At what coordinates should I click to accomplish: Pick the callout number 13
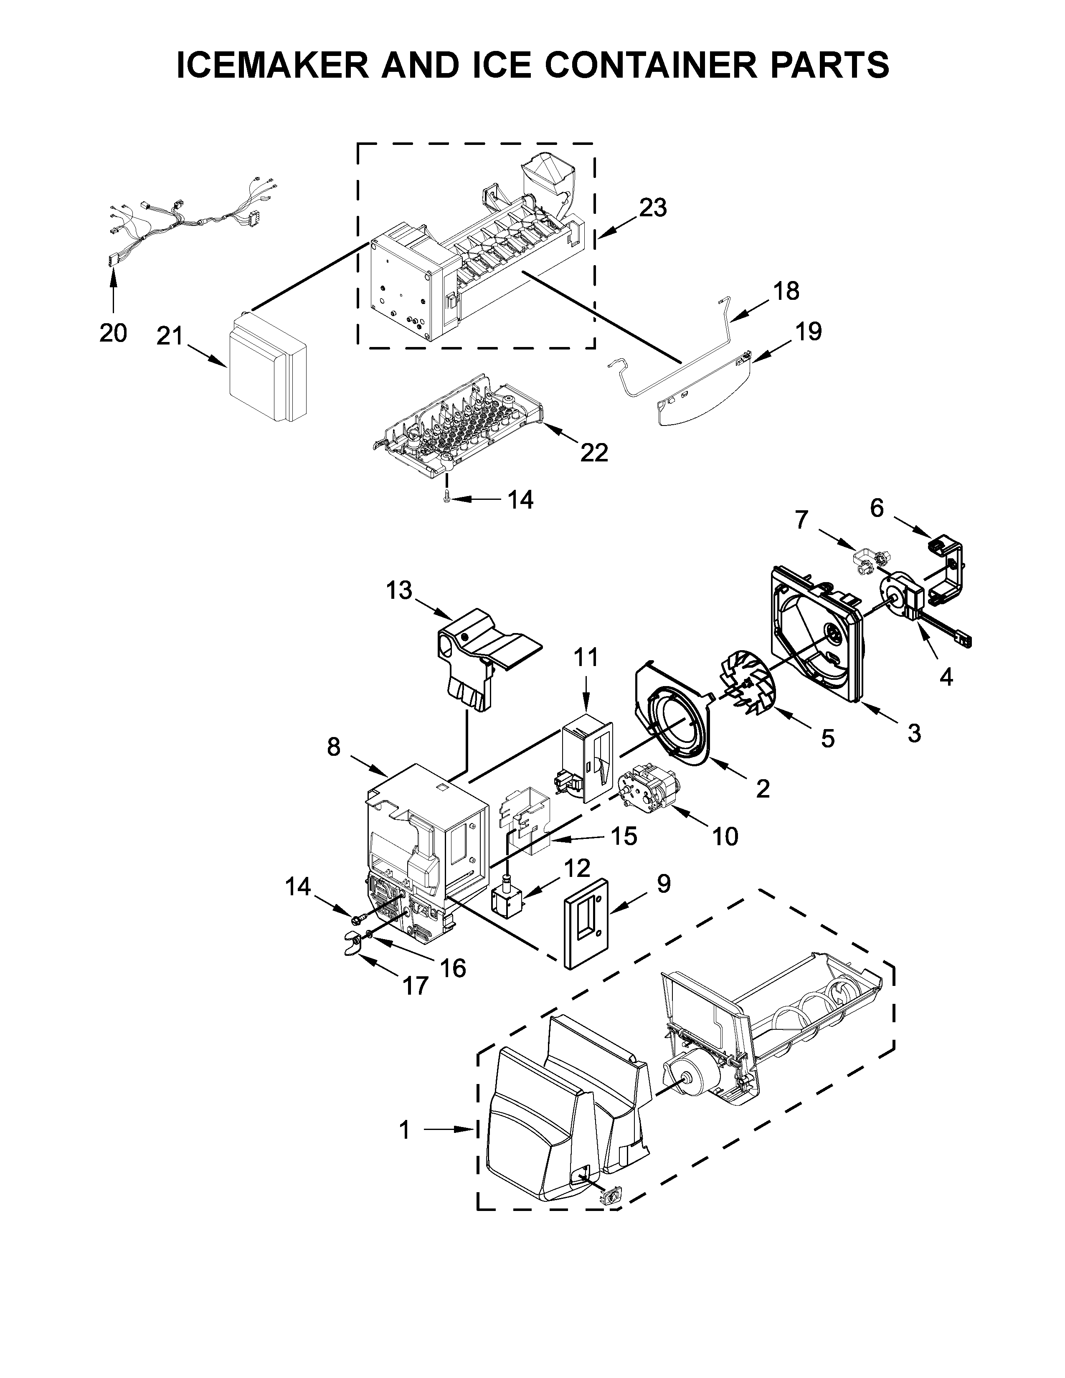point(399,590)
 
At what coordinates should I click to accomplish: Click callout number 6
point(877,508)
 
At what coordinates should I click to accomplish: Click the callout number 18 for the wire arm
point(786,291)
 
